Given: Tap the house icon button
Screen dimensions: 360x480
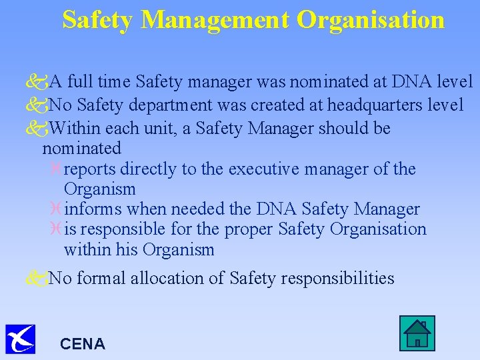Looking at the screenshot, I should pyautogui.click(x=417, y=332).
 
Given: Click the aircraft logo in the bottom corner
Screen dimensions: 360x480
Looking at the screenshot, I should pyautogui.click(x=20, y=338).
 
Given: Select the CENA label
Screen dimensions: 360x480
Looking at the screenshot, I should pyautogui.click(x=83, y=344).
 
